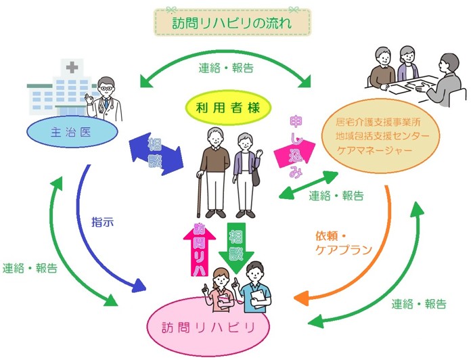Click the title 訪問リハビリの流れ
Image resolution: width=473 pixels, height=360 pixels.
[233, 23]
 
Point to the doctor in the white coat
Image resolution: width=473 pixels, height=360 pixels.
[105, 101]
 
